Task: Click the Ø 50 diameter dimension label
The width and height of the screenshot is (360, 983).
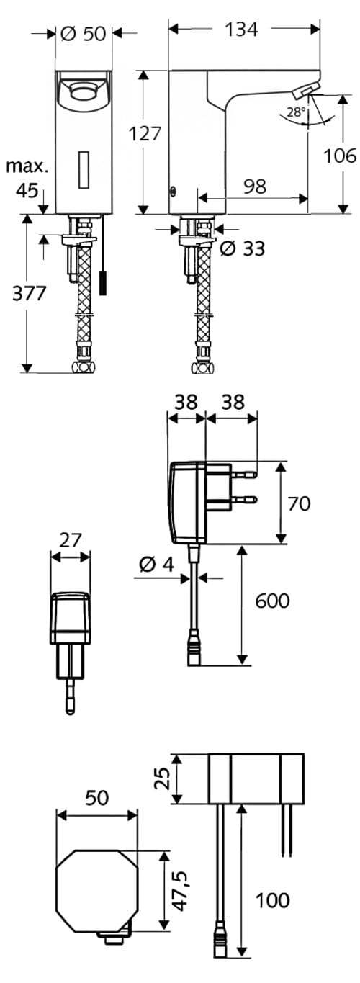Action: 84,33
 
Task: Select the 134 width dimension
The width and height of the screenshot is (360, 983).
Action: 241,29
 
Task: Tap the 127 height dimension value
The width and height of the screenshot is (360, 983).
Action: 145,134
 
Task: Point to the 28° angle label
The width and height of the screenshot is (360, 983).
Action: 295,112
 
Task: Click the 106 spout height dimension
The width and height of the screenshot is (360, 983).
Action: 340,155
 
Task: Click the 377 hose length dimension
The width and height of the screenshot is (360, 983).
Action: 30,293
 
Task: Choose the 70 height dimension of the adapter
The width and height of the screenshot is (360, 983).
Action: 299,503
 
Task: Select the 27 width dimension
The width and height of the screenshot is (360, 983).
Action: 71,539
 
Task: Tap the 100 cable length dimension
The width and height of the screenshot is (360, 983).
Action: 271,899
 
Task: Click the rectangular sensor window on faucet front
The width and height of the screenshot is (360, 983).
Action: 84,167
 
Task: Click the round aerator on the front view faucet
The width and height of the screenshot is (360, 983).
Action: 84,91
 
